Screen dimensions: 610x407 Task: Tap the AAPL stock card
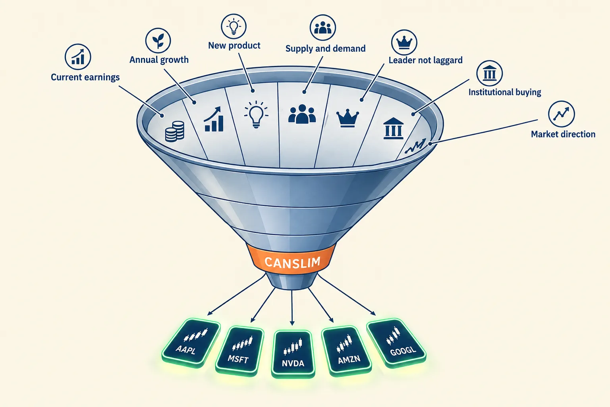coord(191,342)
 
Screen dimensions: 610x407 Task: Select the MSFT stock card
coord(239,351)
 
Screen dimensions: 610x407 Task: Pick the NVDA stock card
coord(293,354)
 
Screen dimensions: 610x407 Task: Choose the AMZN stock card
coord(346,351)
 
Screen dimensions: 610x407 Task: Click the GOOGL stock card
coord(396,342)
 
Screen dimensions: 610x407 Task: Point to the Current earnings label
coord(85,77)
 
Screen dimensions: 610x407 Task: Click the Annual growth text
coord(159,60)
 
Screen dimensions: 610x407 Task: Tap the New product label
coord(234,45)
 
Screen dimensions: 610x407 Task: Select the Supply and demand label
coord(325,48)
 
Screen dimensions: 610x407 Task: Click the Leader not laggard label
coord(425,60)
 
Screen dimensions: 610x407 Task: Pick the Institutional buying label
coord(505,92)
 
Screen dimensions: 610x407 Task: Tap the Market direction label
coord(563,134)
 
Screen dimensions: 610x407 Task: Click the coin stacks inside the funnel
coord(175,132)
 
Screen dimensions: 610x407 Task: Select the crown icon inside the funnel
coord(347,118)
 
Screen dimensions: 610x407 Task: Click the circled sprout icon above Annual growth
coord(158,41)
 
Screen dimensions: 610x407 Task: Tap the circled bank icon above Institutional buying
coord(489,73)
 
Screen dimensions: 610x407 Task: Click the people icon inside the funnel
coord(302,114)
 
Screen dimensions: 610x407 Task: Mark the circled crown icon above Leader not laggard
coord(404,43)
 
